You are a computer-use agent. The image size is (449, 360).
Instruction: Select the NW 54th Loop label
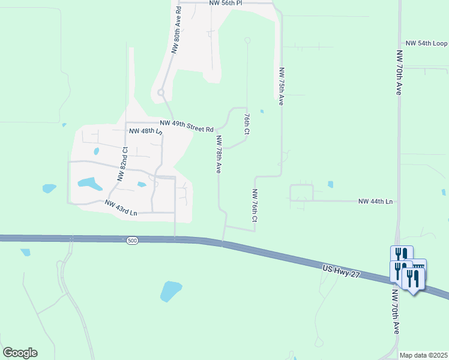(426, 44)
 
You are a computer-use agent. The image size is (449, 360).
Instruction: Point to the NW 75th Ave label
(280, 86)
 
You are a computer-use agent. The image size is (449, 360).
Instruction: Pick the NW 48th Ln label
(145, 130)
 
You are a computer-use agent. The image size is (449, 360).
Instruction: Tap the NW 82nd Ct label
(122, 164)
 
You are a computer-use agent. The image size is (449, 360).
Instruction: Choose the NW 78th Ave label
(219, 154)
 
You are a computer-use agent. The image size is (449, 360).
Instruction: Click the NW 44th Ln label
(375, 202)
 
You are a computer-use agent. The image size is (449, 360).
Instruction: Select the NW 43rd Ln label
(121, 208)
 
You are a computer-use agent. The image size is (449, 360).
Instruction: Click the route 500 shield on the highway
(133, 241)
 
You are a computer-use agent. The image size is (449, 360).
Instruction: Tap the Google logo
(20, 353)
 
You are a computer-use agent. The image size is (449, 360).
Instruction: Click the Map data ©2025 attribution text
(423, 355)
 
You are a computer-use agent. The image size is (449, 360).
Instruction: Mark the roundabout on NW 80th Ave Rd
(161, 92)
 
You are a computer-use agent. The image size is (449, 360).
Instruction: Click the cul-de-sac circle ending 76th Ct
(247, 40)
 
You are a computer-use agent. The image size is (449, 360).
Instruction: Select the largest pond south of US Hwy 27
(170, 291)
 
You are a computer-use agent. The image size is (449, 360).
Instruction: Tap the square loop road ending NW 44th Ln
(302, 193)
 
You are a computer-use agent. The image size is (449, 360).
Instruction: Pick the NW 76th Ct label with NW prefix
(255, 206)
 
